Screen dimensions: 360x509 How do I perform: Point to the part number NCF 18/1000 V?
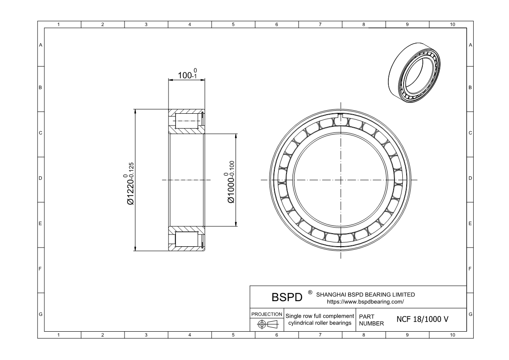(422, 319)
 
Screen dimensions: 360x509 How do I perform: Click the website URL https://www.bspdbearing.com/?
(365, 301)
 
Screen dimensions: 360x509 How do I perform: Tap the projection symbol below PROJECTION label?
(267, 324)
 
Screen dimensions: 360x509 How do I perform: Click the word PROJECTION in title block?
(267, 314)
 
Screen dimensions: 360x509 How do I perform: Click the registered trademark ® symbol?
(310, 292)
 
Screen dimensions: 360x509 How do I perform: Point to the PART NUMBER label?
(371, 319)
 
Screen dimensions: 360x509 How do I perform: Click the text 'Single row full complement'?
(320, 316)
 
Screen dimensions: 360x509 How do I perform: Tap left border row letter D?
(40, 178)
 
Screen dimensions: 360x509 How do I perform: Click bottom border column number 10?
(452, 335)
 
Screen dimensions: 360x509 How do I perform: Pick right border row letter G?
(470, 314)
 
